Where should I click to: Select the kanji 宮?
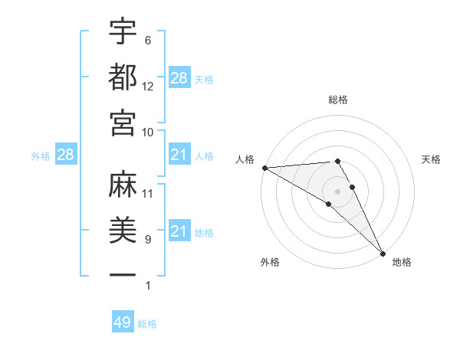point(123,123)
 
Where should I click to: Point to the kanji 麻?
point(123,184)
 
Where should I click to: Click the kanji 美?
point(123,230)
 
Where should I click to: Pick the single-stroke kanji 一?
point(123,275)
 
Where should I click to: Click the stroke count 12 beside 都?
point(148,87)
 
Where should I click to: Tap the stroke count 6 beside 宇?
point(147,41)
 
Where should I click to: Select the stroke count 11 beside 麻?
point(148,193)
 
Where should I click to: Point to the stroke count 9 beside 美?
point(147,240)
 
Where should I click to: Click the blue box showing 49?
point(123,322)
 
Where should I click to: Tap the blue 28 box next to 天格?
point(179,78)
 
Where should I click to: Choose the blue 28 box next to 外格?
point(66,155)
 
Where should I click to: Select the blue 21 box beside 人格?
point(179,155)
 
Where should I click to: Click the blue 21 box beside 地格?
point(179,232)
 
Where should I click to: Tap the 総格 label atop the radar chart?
point(338,100)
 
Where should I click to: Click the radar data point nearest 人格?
point(264,167)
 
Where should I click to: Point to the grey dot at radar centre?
point(337,191)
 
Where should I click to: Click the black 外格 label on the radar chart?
point(269,262)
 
